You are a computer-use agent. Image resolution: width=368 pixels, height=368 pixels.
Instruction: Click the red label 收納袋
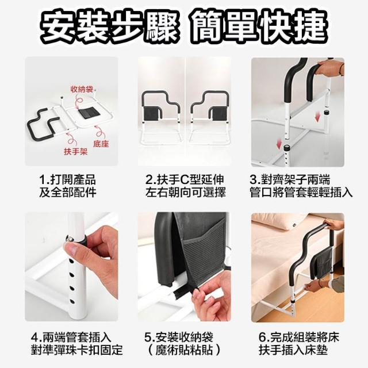(x=82, y=90)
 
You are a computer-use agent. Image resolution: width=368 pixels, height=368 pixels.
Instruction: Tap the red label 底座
(x=101, y=144)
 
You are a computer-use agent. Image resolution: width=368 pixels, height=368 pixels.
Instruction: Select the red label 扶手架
(x=75, y=152)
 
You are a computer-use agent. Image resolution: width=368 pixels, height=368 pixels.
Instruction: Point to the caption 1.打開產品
(x=67, y=179)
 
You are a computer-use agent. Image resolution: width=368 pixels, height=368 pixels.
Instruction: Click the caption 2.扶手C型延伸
(x=185, y=179)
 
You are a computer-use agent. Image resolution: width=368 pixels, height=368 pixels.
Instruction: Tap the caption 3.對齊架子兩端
(x=290, y=179)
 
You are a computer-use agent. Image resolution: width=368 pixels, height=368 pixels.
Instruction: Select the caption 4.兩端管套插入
(x=71, y=338)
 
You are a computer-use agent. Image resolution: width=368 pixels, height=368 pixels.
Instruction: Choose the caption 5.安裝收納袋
(x=179, y=338)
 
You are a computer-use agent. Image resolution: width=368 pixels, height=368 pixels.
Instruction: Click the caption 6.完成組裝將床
(x=299, y=338)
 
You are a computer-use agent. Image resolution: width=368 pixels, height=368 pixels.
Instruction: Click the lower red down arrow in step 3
(x=279, y=143)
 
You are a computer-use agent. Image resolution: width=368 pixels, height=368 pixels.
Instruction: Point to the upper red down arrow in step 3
(x=317, y=117)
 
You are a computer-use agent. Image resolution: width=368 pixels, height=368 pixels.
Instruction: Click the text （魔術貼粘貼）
(x=185, y=350)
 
